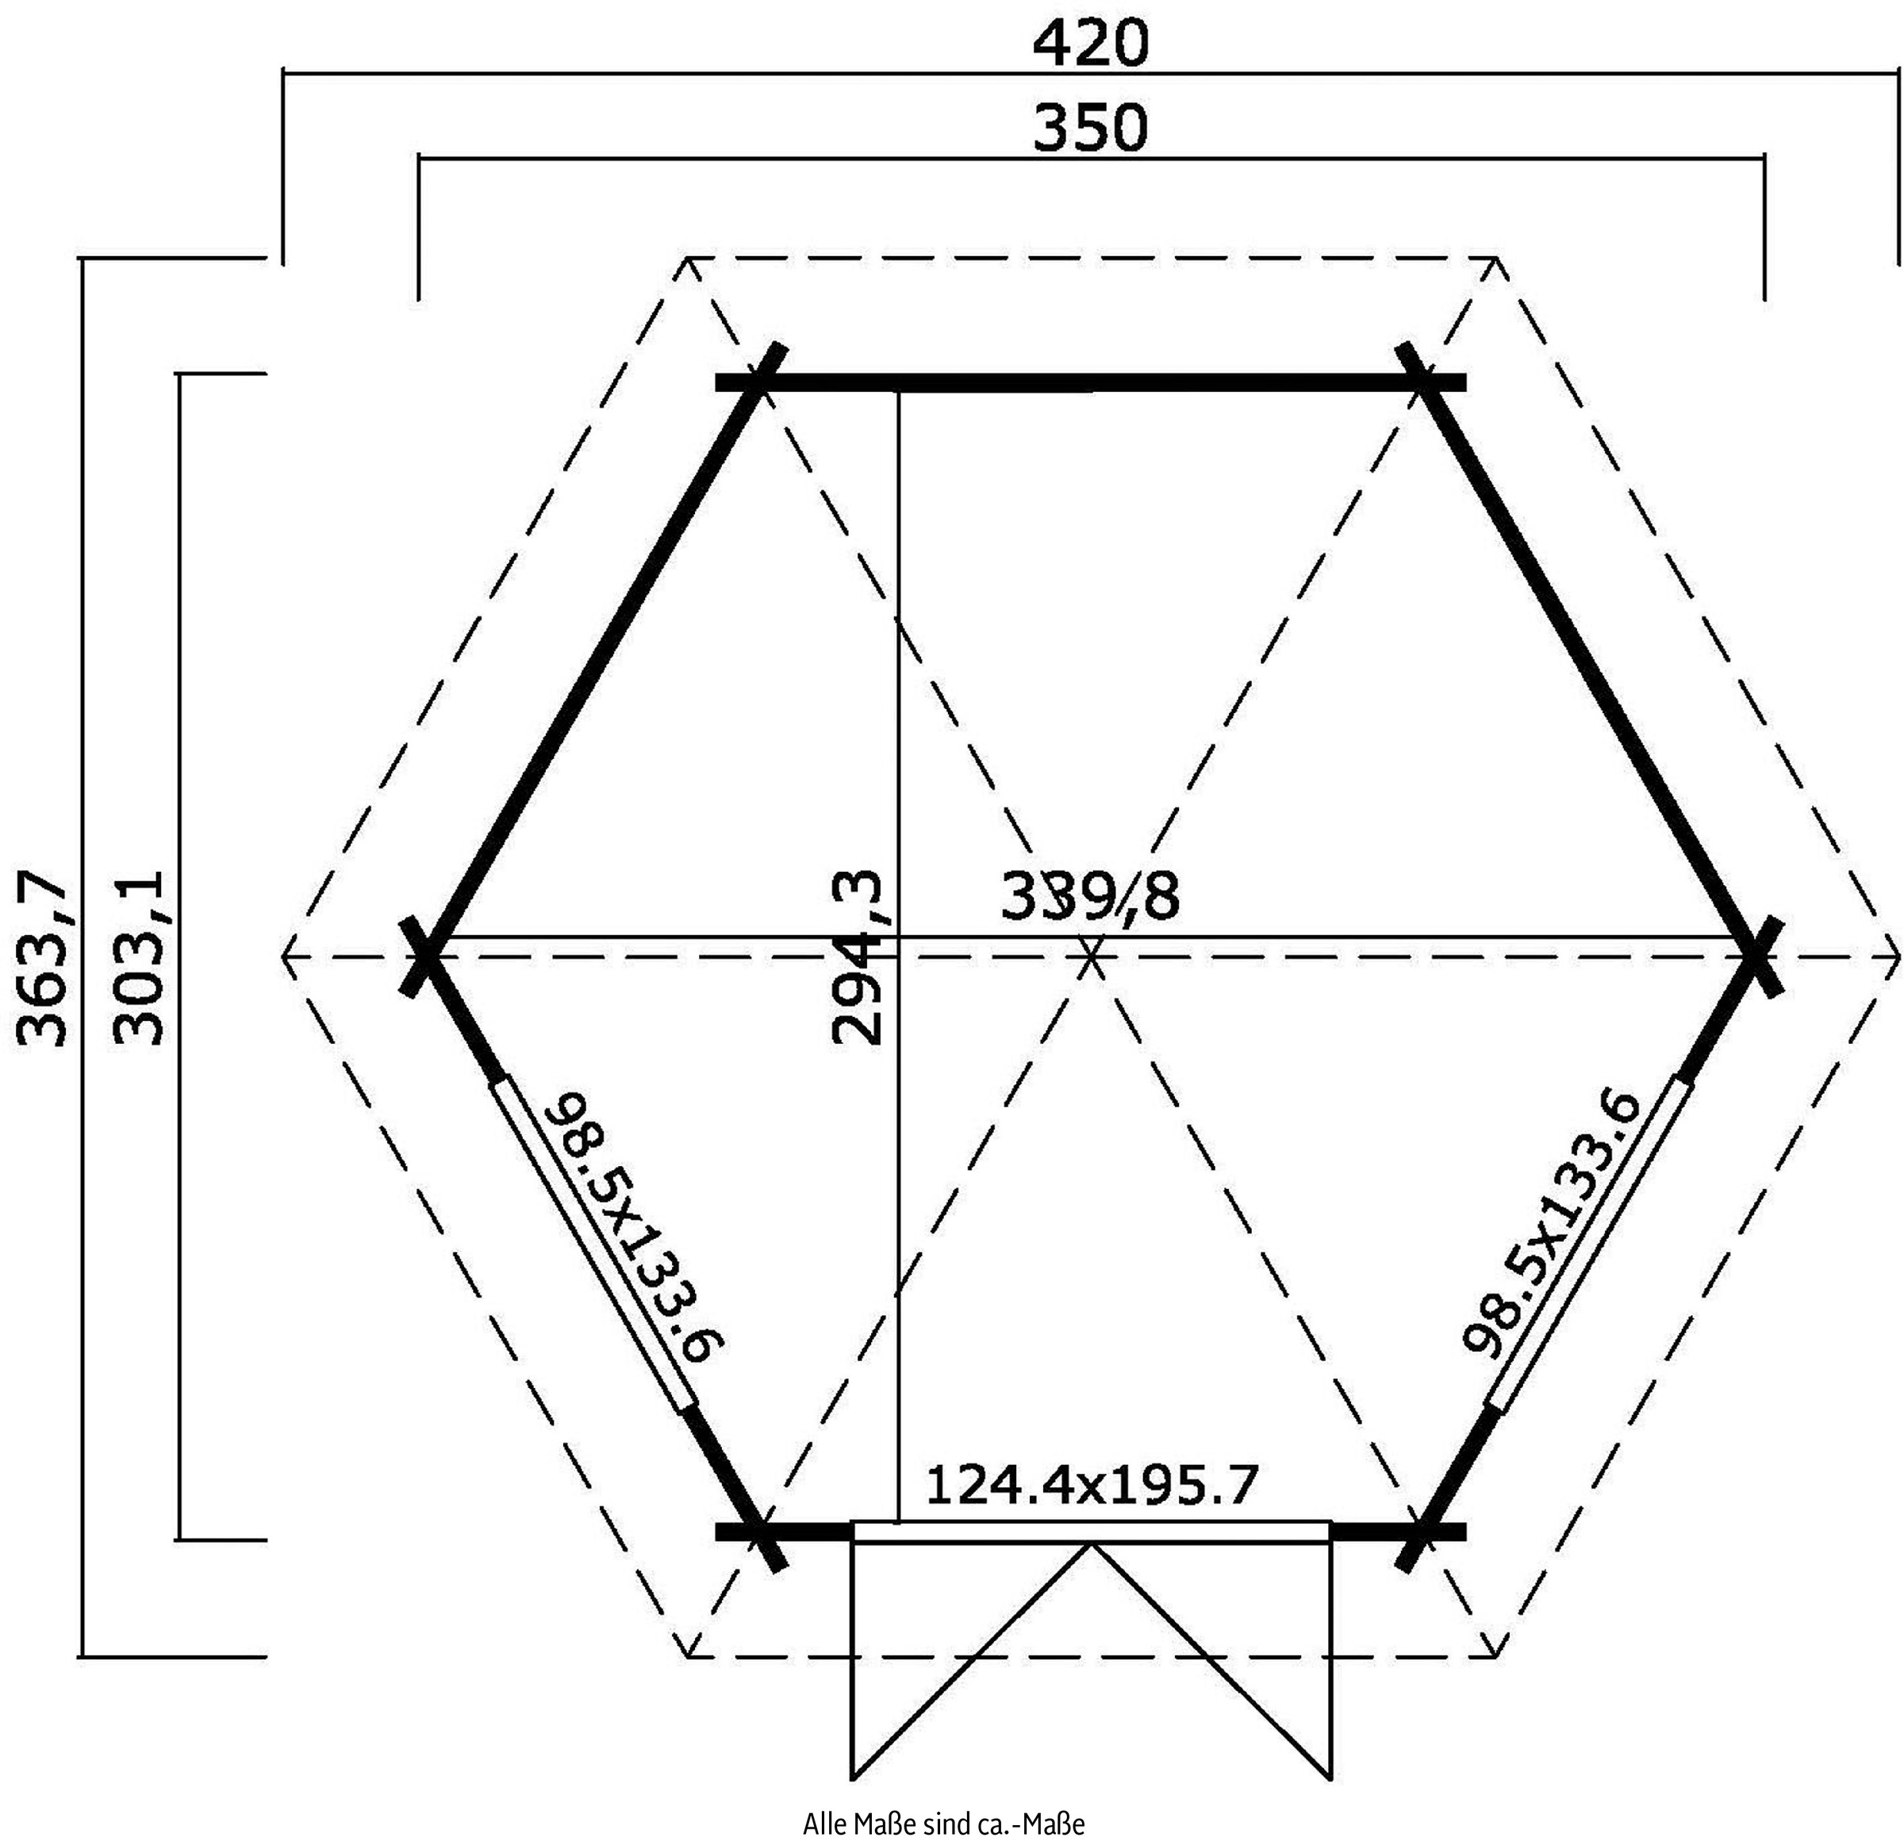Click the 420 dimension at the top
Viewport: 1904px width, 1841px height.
click(1090, 43)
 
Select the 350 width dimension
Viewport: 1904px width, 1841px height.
click(1090, 128)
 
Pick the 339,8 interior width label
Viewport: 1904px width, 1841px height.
click(1090, 896)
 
